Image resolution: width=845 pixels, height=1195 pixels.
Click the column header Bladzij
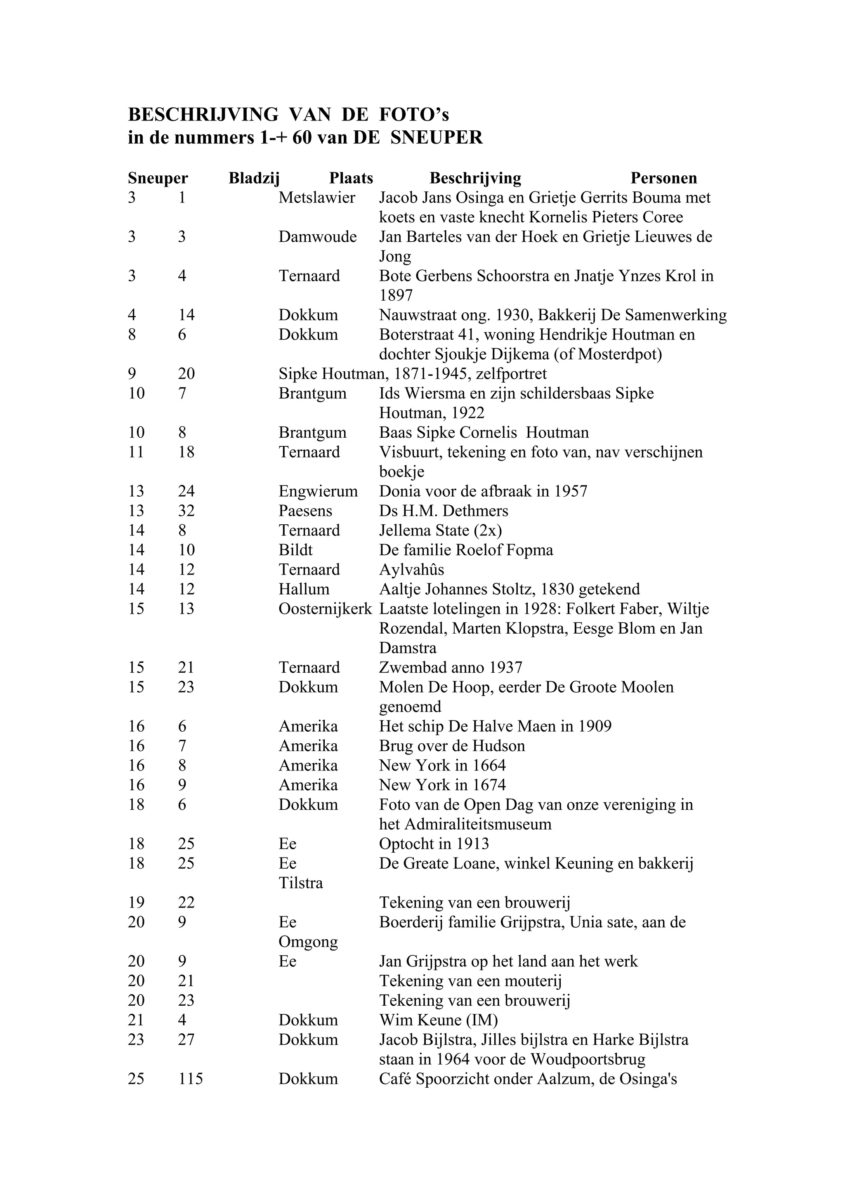pos(254,179)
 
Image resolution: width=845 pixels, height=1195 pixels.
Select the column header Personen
pos(663,179)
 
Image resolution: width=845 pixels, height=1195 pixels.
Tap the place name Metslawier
pos(316,198)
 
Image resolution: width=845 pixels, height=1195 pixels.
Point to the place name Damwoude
pos(318,237)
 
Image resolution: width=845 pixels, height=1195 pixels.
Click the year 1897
pos(396,296)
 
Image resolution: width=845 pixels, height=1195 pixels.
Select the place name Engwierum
pos(318,491)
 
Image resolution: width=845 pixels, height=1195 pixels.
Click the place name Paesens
pos(305,511)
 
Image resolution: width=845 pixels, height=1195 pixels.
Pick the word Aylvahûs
pos(411,569)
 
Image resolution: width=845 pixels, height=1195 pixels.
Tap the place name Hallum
pos(304,589)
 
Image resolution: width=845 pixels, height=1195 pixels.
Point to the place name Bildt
pos(295,550)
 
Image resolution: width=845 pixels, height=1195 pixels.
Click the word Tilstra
pos(300,883)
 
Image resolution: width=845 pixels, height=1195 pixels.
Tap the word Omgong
pos(308,942)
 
